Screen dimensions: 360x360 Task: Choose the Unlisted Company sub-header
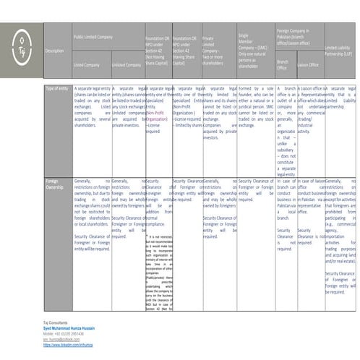(126, 64)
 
